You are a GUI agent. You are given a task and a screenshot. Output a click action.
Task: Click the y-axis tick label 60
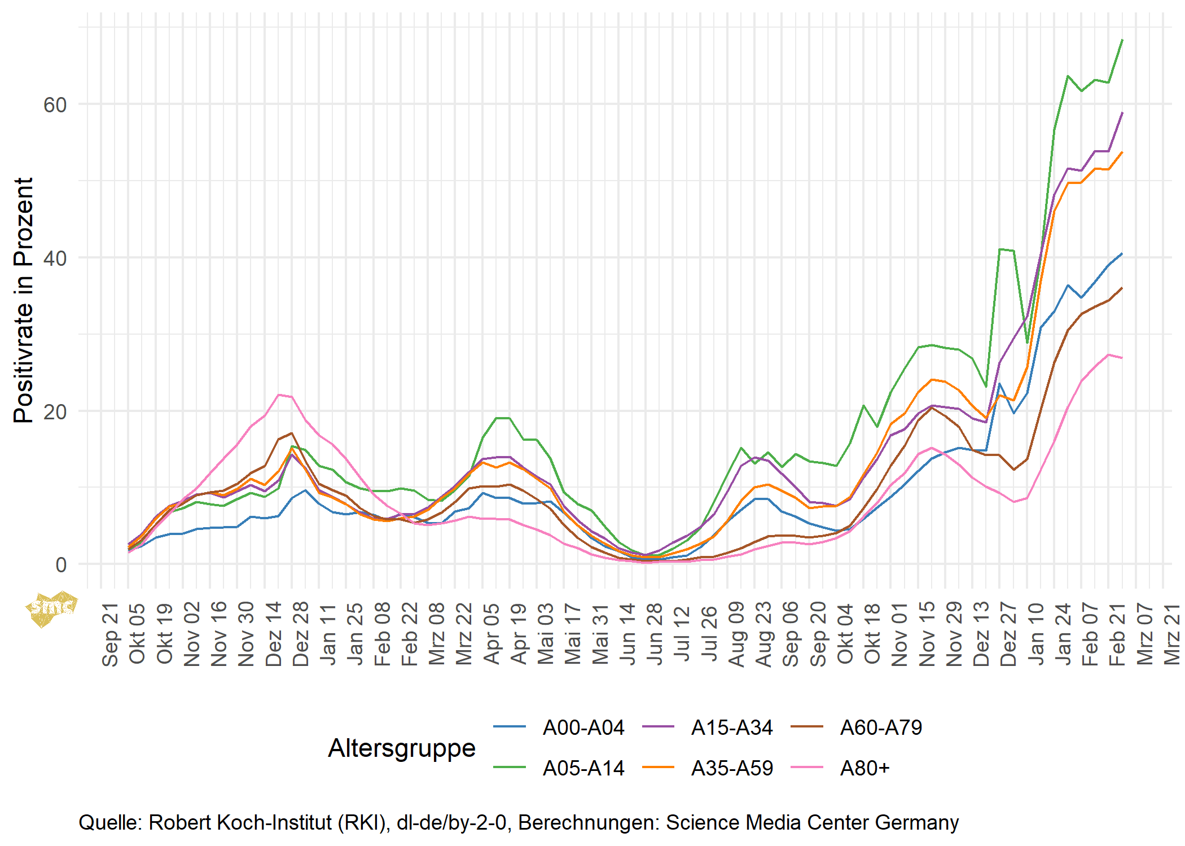point(55,105)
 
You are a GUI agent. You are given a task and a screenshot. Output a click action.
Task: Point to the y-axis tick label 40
point(55,258)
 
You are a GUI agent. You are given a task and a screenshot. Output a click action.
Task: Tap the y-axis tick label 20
point(55,412)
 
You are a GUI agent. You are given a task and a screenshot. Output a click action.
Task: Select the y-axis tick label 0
point(61,565)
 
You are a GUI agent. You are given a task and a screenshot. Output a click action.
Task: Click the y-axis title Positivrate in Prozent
point(24,300)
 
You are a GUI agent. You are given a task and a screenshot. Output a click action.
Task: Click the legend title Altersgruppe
point(402,748)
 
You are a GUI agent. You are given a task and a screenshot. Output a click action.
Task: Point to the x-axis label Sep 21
point(110,635)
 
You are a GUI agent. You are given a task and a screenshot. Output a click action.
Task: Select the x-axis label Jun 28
point(655,634)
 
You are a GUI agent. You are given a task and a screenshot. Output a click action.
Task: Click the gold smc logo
point(51,608)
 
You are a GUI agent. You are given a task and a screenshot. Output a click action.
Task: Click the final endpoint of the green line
point(1122,40)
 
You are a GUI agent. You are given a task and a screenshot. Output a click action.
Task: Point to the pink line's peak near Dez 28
point(279,394)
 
